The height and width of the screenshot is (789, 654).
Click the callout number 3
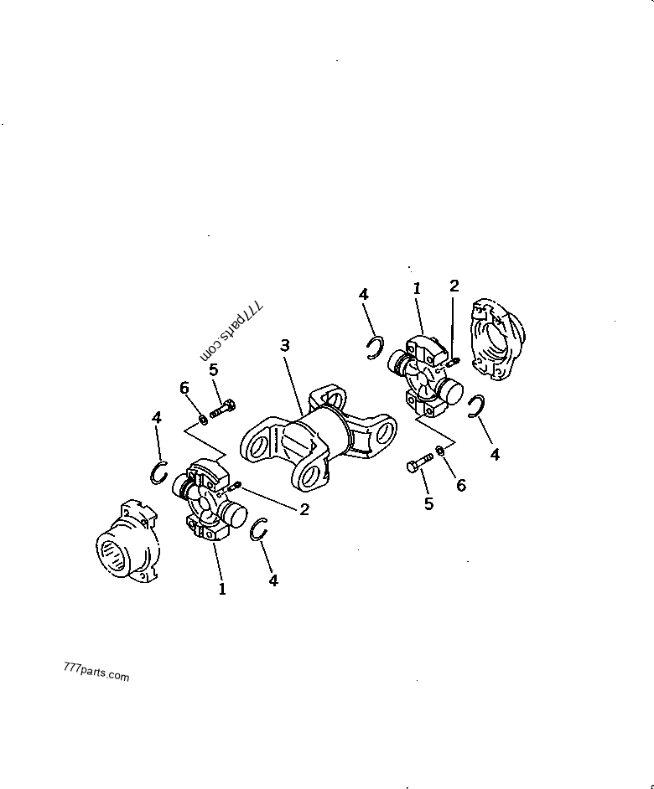(285, 346)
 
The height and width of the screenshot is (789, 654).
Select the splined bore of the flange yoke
(112, 556)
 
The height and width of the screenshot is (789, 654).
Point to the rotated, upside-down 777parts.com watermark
(231, 332)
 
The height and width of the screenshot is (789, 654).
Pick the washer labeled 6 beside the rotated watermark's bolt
(203, 419)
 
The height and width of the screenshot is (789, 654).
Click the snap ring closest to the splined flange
(159, 473)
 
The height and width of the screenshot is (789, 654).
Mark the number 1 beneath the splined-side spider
(221, 589)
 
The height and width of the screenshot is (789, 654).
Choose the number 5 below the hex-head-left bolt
(428, 503)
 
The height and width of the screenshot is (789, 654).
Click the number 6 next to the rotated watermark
(184, 388)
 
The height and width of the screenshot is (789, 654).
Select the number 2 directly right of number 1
(454, 286)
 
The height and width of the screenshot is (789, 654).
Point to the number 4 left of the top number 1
(363, 294)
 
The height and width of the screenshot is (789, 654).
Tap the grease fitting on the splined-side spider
(234, 486)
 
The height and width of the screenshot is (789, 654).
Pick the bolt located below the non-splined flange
(419, 462)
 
